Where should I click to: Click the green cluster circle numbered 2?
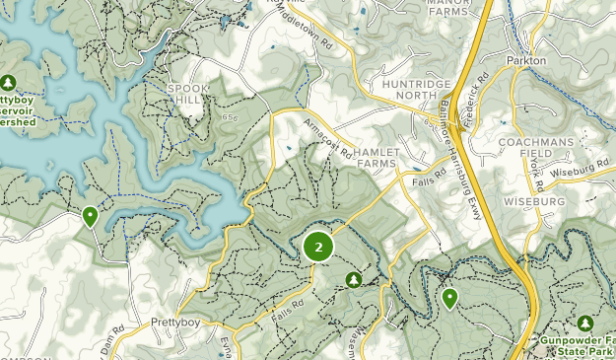(x=318, y=247)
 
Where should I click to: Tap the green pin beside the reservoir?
(x=91, y=216)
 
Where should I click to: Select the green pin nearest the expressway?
(x=450, y=297)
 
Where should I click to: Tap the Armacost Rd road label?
(x=328, y=139)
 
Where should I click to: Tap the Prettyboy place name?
(x=175, y=323)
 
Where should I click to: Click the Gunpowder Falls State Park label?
(x=579, y=345)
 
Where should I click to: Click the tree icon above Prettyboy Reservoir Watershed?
(x=9, y=82)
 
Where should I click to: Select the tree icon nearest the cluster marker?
(x=354, y=280)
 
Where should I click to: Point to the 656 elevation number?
(x=233, y=118)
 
